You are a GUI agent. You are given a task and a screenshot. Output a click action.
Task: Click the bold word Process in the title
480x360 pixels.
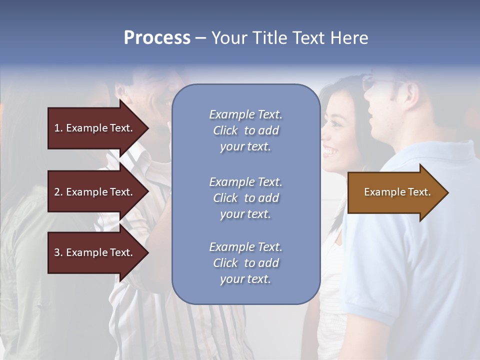pyautogui.click(x=157, y=38)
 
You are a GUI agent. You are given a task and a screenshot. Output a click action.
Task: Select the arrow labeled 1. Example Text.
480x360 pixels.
pyautogui.click(x=95, y=128)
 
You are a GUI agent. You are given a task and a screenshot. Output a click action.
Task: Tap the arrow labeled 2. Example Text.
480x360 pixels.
pyautogui.click(x=95, y=192)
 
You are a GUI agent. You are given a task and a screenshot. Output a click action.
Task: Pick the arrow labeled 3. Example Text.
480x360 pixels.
pyautogui.click(x=95, y=252)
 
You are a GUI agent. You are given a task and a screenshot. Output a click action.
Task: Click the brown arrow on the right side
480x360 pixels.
pyautogui.click(x=395, y=192)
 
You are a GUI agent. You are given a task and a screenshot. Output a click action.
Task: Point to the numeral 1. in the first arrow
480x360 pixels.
pyautogui.click(x=58, y=128)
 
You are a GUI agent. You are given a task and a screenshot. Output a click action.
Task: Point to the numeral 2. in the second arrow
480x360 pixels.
pyautogui.click(x=58, y=192)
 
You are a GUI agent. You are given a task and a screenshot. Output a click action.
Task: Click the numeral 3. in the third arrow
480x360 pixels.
pyautogui.click(x=58, y=252)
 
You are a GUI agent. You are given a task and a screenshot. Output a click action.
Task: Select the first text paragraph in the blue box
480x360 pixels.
pyautogui.click(x=245, y=130)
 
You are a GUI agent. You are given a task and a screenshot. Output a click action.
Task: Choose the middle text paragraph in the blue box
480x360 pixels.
pyautogui.click(x=245, y=198)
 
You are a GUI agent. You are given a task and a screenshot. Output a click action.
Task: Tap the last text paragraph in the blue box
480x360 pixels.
pyautogui.click(x=245, y=263)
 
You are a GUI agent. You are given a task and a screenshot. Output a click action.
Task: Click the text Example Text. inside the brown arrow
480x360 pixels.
pyautogui.click(x=397, y=192)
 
